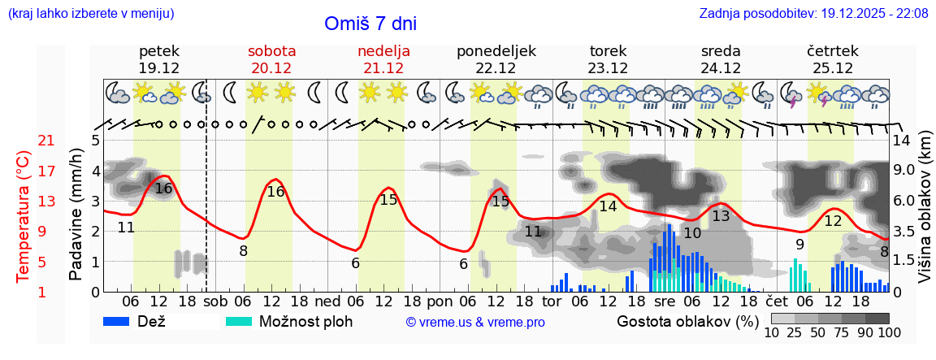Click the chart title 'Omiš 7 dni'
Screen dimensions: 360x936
(x=371, y=24)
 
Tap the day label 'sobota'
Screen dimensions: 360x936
(x=271, y=51)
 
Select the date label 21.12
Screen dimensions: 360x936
(x=383, y=68)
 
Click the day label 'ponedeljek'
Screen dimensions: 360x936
(x=496, y=51)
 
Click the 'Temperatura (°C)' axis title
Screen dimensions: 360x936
(x=24, y=216)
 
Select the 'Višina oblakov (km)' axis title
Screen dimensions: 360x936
(x=924, y=216)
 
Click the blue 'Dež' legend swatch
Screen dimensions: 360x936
(x=122, y=322)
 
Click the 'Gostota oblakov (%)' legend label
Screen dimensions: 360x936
(x=687, y=322)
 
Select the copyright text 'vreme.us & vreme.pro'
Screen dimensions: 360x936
(x=475, y=323)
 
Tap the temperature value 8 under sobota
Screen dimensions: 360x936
(x=243, y=251)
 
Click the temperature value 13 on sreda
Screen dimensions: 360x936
(x=721, y=216)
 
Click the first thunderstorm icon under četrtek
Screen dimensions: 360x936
(x=789, y=96)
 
